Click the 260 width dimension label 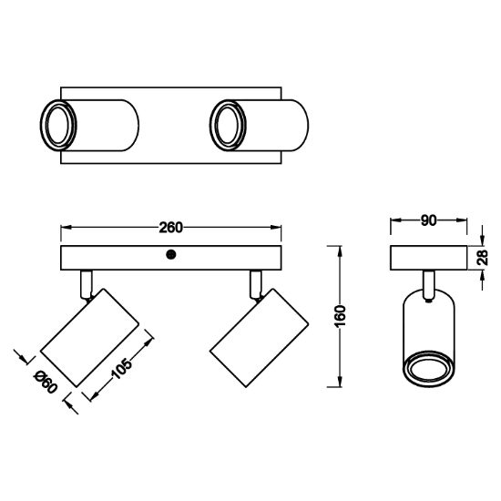(171, 228)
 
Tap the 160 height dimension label (340, 316)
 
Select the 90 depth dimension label (428, 220)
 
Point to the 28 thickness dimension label (482, 258)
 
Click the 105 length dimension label (122, 369)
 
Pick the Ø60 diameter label (46, 382)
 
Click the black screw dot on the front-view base (171, 255)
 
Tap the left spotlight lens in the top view (57, 125)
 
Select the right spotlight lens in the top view (228, 125)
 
